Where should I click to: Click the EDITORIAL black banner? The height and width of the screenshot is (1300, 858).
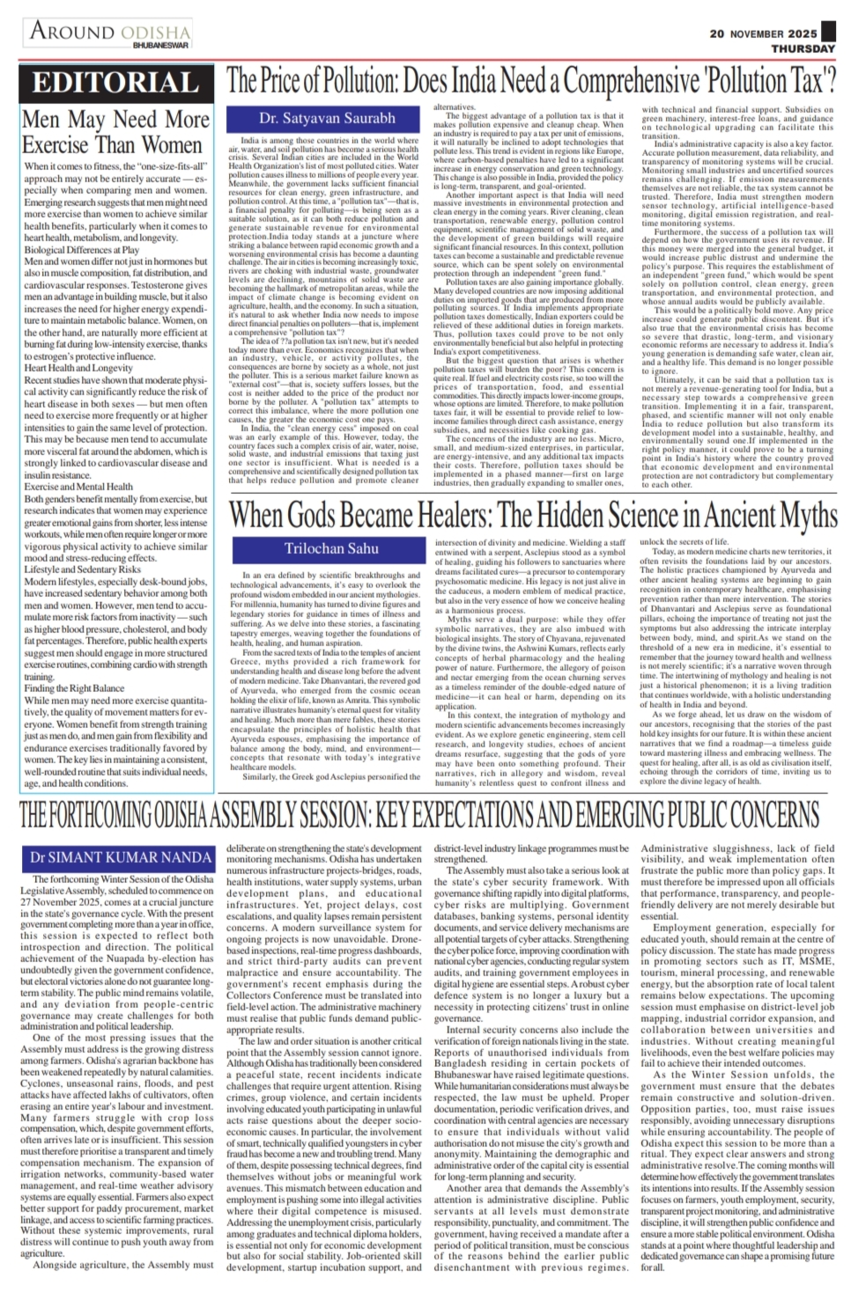pos(115,84)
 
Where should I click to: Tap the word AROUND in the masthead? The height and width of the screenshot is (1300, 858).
pos(73,31)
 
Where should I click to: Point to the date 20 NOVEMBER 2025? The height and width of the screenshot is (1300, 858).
pos(764,33)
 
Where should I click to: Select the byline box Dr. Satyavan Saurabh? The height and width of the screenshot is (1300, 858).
pos(314,117)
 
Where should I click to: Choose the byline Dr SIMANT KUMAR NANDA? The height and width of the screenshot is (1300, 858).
pos(120,857)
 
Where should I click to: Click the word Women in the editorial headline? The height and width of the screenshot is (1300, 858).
pos(167,145)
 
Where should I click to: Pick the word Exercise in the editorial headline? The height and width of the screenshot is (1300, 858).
pos(66,145)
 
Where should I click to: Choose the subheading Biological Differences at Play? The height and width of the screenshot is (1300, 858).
pos(81,250)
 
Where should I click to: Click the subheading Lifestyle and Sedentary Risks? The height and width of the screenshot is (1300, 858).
pos(82,570)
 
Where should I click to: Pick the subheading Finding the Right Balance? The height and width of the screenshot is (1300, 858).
pos(74,688)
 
